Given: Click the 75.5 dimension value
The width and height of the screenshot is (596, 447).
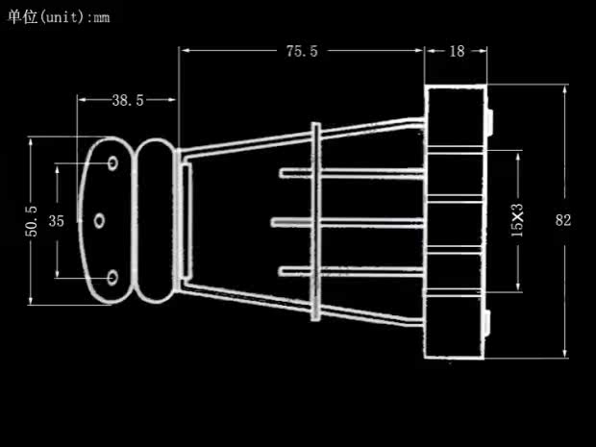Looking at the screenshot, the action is point(301,51).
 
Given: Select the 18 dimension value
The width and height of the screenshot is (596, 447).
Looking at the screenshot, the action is point(457,51).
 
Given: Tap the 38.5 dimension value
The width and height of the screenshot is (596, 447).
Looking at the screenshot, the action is point(127,100).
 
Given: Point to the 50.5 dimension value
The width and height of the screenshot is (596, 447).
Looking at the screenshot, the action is point(32,221).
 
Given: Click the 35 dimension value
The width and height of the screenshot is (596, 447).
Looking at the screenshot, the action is point(56,220).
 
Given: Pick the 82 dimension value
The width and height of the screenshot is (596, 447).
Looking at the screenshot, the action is point(563,219).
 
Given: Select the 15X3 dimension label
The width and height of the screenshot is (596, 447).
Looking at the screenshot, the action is point(518,220).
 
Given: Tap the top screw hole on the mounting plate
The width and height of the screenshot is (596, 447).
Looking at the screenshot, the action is point(113,164).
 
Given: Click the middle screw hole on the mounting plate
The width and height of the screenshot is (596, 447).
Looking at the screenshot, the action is point(99,221).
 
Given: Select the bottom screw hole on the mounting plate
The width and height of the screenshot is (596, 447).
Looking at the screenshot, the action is point(112,277).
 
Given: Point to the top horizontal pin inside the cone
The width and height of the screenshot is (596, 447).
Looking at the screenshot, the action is point(351,173).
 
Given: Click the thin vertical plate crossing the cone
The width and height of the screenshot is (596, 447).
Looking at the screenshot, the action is point(316,221).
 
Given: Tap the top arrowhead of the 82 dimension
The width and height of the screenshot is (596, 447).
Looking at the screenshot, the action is point(563,88).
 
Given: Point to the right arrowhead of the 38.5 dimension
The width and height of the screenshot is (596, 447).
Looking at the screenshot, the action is point(172,100).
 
